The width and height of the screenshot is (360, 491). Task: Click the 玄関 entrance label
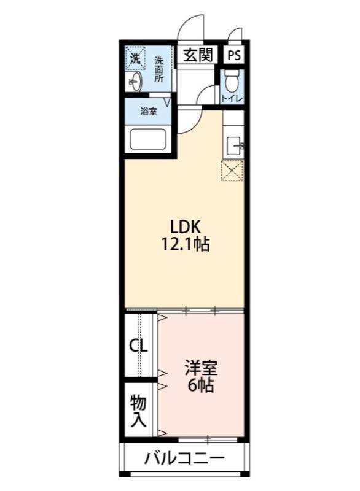click(x=197, y=55)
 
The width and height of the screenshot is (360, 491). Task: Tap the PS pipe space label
click(x=234, y=55)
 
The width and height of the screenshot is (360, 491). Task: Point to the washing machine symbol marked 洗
click(x=135, y=59)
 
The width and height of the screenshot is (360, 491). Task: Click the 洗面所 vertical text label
click(x=158, y=69)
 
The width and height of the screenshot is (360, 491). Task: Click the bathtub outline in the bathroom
click(x=151, y=140)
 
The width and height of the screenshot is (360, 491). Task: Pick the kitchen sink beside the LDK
click(x=234, y=146)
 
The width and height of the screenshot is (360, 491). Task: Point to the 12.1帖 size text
click(x=186, y=245)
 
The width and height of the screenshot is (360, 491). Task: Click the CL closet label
click(x=138, y=346)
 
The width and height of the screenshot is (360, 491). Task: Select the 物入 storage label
click(x=138, y=411)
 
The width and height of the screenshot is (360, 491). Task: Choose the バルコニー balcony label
click(x=184, y=458)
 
